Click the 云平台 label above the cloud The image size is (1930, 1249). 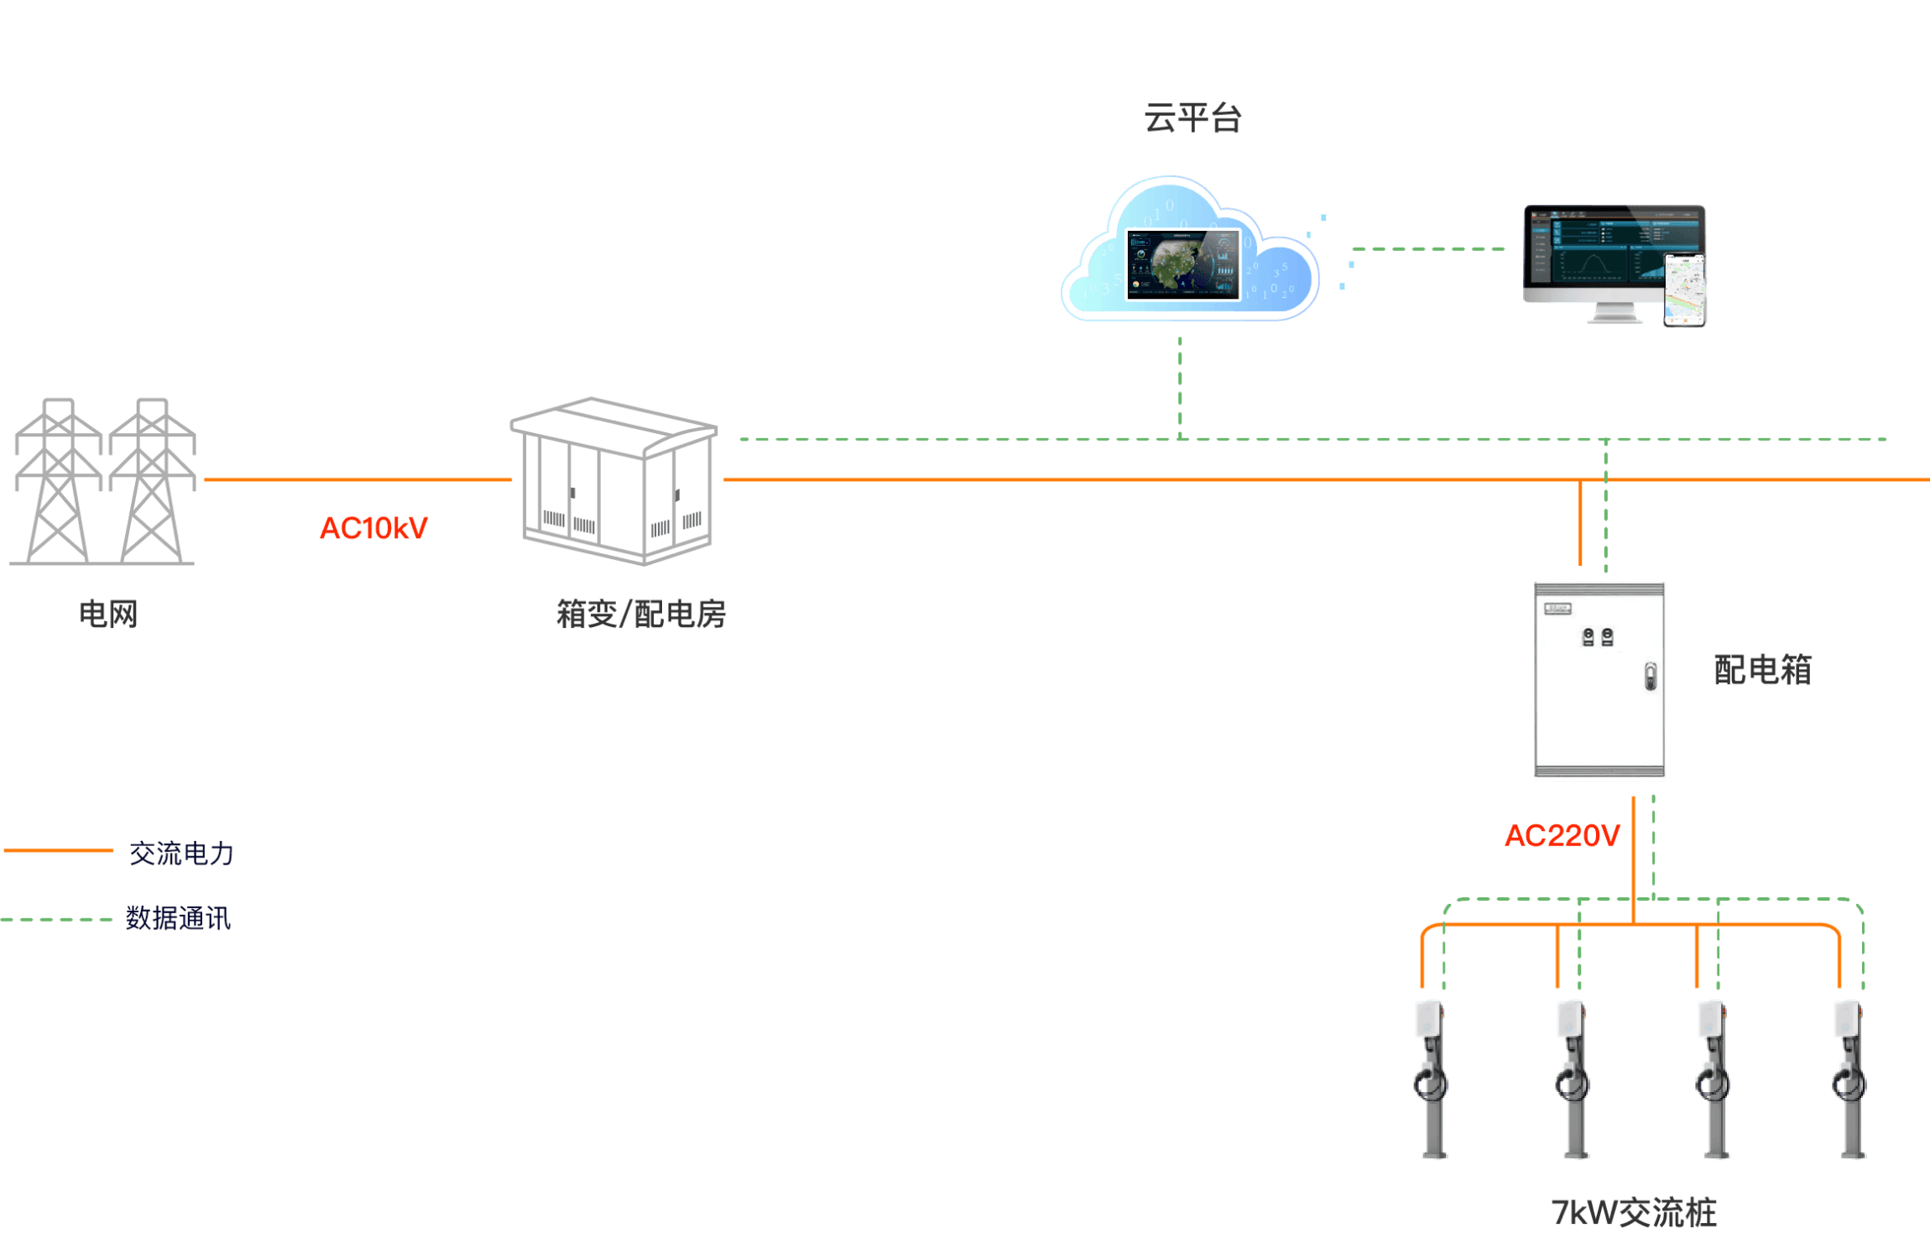[x=1192, y=118]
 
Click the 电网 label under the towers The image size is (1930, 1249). [x=108, y=614]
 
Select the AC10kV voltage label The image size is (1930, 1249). [x=374, y=528]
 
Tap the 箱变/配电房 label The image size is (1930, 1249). [x=641, y=614]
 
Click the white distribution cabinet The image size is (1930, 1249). [x=1599, y=681]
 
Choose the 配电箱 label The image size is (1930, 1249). [x=1762, y=670]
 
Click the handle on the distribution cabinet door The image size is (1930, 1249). [x=1650, y=677]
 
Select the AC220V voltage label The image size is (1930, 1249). [x=1562, y=835]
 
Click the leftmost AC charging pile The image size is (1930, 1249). [x=1431, y=1079]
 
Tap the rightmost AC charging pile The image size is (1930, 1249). [x=1849, y=1079]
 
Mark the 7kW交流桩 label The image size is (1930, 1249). [x=1634, y=1213]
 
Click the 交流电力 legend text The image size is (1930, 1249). [x=181, y=854]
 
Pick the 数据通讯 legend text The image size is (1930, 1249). [x=178, y=918]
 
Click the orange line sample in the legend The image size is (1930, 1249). [x=59, y=850]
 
